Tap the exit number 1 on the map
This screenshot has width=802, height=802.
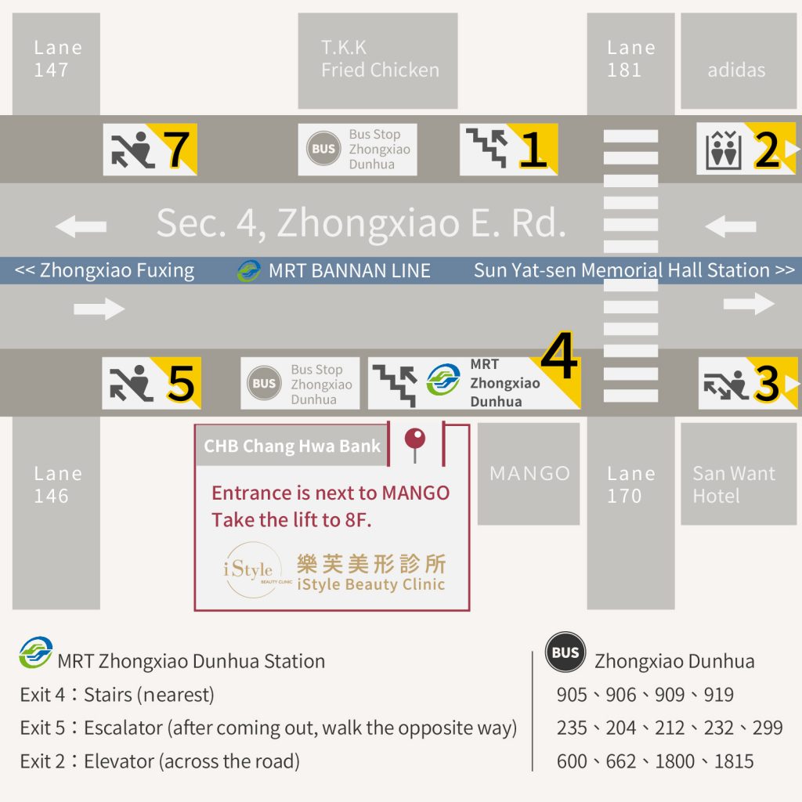tap(533, 150)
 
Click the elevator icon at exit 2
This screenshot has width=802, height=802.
tap(723, 150)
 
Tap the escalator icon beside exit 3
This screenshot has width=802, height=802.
tap(726, 385)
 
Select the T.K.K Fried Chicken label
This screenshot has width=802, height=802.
tap(380, 59)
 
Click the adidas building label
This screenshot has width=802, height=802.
tap(736, 70)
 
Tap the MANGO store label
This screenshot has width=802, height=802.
tap(530, 473)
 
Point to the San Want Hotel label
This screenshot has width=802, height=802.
tap(734, 484)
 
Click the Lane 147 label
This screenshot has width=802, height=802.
tap(58, 59)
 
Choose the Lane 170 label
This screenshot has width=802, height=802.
tap(631, 484)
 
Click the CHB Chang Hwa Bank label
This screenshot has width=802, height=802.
tap(292, 446)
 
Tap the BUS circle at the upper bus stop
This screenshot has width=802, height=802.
tap(323, 149)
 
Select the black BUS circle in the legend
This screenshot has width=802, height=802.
tap(565, 652)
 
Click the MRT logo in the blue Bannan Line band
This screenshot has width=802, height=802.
tap(249, 270)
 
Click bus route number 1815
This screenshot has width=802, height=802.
tap(734, 761)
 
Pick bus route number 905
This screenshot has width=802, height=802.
tap(572, 695)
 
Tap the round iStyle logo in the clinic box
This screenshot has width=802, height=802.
tap(252, 569)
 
